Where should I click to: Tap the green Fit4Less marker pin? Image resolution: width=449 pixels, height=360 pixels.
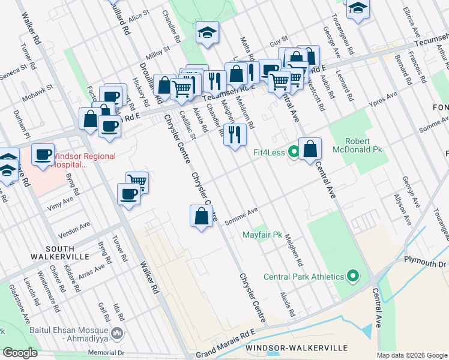294,152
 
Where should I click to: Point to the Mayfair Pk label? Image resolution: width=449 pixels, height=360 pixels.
262,235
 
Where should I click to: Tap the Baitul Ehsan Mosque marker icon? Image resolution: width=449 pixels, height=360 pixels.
118,332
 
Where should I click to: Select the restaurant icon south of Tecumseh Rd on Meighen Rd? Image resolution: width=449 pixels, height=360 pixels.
235,134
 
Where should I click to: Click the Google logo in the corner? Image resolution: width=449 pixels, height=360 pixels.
19,353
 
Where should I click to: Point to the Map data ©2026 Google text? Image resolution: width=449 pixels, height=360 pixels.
411,355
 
